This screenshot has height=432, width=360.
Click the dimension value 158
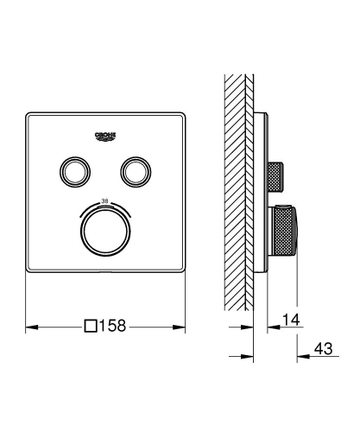click(x=117, y=327)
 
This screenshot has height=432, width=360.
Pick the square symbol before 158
click(x=91, y=327)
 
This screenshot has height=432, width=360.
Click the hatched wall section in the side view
click(x=237, y=190)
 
